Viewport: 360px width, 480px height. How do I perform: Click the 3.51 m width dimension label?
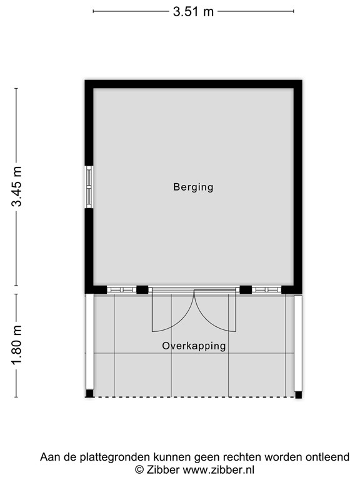click(193, 11)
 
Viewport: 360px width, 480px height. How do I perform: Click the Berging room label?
click(193, 187)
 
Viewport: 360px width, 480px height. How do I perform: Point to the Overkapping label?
click(194, 346)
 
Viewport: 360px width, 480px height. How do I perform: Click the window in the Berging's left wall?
click(89, 187)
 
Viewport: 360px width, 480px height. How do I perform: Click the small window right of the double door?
click(266, 289)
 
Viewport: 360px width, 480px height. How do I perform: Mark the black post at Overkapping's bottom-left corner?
click(89, 394)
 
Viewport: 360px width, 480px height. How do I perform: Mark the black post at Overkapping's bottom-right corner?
click(298, 394)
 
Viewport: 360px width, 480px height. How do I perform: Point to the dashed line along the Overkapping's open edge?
click(194, 397)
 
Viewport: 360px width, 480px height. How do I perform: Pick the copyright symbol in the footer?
click(139, 469)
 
